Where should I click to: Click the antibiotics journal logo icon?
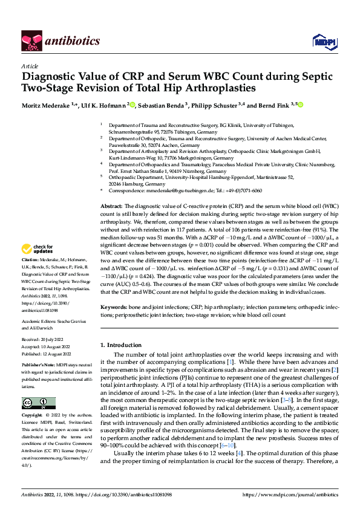click(31, 40)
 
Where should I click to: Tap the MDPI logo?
click(320, 41)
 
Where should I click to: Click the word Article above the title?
click(29, 66)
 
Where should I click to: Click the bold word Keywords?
click(113, 308)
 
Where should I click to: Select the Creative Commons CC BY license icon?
click(38, 403)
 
